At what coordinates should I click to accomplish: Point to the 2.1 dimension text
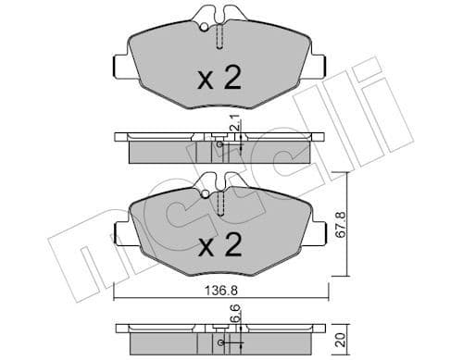[x=240, y=122]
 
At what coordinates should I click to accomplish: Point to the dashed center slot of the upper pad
[x=219, y=37]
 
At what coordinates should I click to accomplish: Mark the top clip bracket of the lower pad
[x=219, y=180]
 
